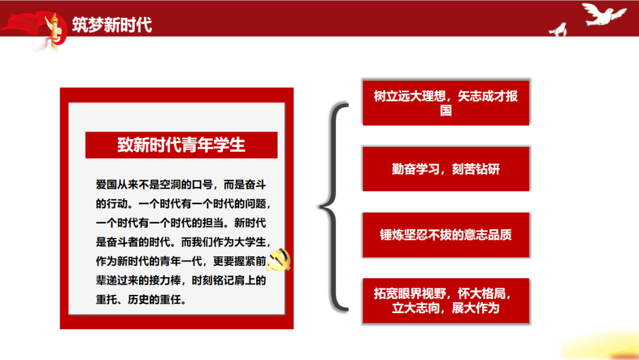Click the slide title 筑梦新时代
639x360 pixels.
pyautogui.click(x=112, y=24)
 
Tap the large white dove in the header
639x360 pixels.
pyautogui.click(x=603, y=14)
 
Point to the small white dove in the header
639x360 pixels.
pyautogui.click(x=559, y=30)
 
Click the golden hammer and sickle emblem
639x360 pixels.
pyautogui.click(x=279, y=260)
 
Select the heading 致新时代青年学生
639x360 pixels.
pyautogui.click(x=182, y=145)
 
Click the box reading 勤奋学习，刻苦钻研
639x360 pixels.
pyautogui.click(x=446, y=169)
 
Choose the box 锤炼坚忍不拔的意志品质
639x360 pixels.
pyautogui.click(x=446, y=235)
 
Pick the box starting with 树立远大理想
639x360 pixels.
pyautogui.click(x=446, y=102)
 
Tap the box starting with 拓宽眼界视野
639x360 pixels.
pyautogui.click(x=446, y=301)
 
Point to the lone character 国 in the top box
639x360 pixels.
pyautogui.click(x=446, y=110)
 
